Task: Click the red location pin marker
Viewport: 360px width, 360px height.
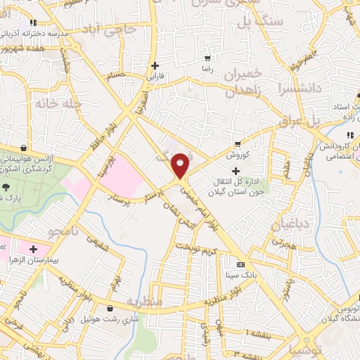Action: [x=181, y=164]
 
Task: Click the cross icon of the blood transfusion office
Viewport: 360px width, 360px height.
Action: [x=236, y=171]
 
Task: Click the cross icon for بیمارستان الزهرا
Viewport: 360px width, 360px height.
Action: [x=33, y=248]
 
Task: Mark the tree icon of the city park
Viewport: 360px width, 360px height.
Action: [x=6, y=188]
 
